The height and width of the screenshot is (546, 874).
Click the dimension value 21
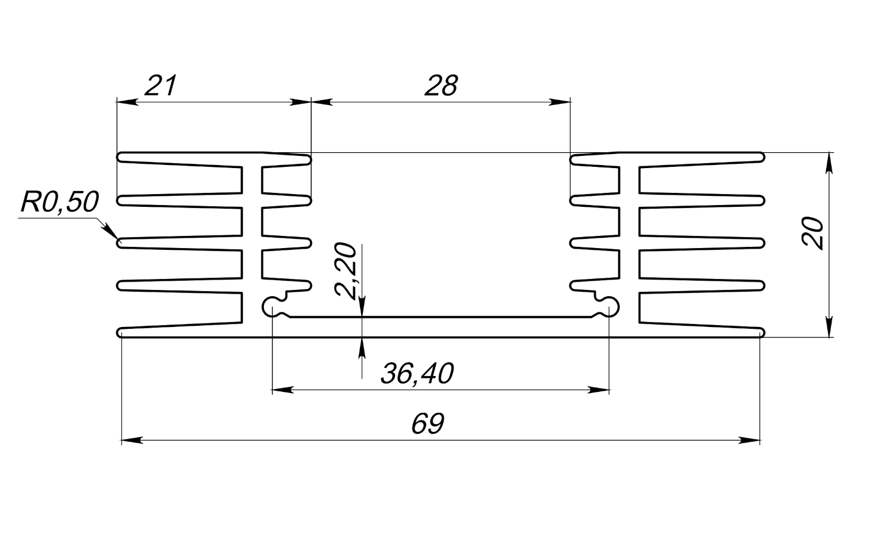160,86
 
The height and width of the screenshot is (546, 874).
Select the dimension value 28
441,86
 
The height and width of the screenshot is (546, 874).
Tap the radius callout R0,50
59,202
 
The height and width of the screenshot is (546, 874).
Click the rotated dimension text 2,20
347,271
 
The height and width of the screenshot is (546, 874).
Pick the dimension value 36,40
417,374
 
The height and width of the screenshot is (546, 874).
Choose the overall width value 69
428,424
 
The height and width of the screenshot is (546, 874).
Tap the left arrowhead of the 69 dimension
131,440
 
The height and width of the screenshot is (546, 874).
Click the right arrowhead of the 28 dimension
561,102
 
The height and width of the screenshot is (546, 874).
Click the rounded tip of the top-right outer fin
761,158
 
